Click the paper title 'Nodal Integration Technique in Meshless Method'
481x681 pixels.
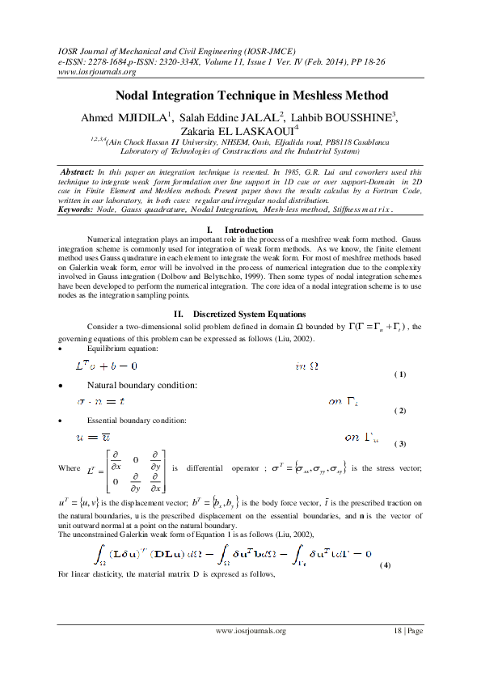tap(240, 95)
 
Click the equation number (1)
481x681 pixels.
tap(399, 374)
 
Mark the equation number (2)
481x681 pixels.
tap(399, 411)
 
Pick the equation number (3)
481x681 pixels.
tap(399, 444)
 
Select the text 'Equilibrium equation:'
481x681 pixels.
tap(123, 349)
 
